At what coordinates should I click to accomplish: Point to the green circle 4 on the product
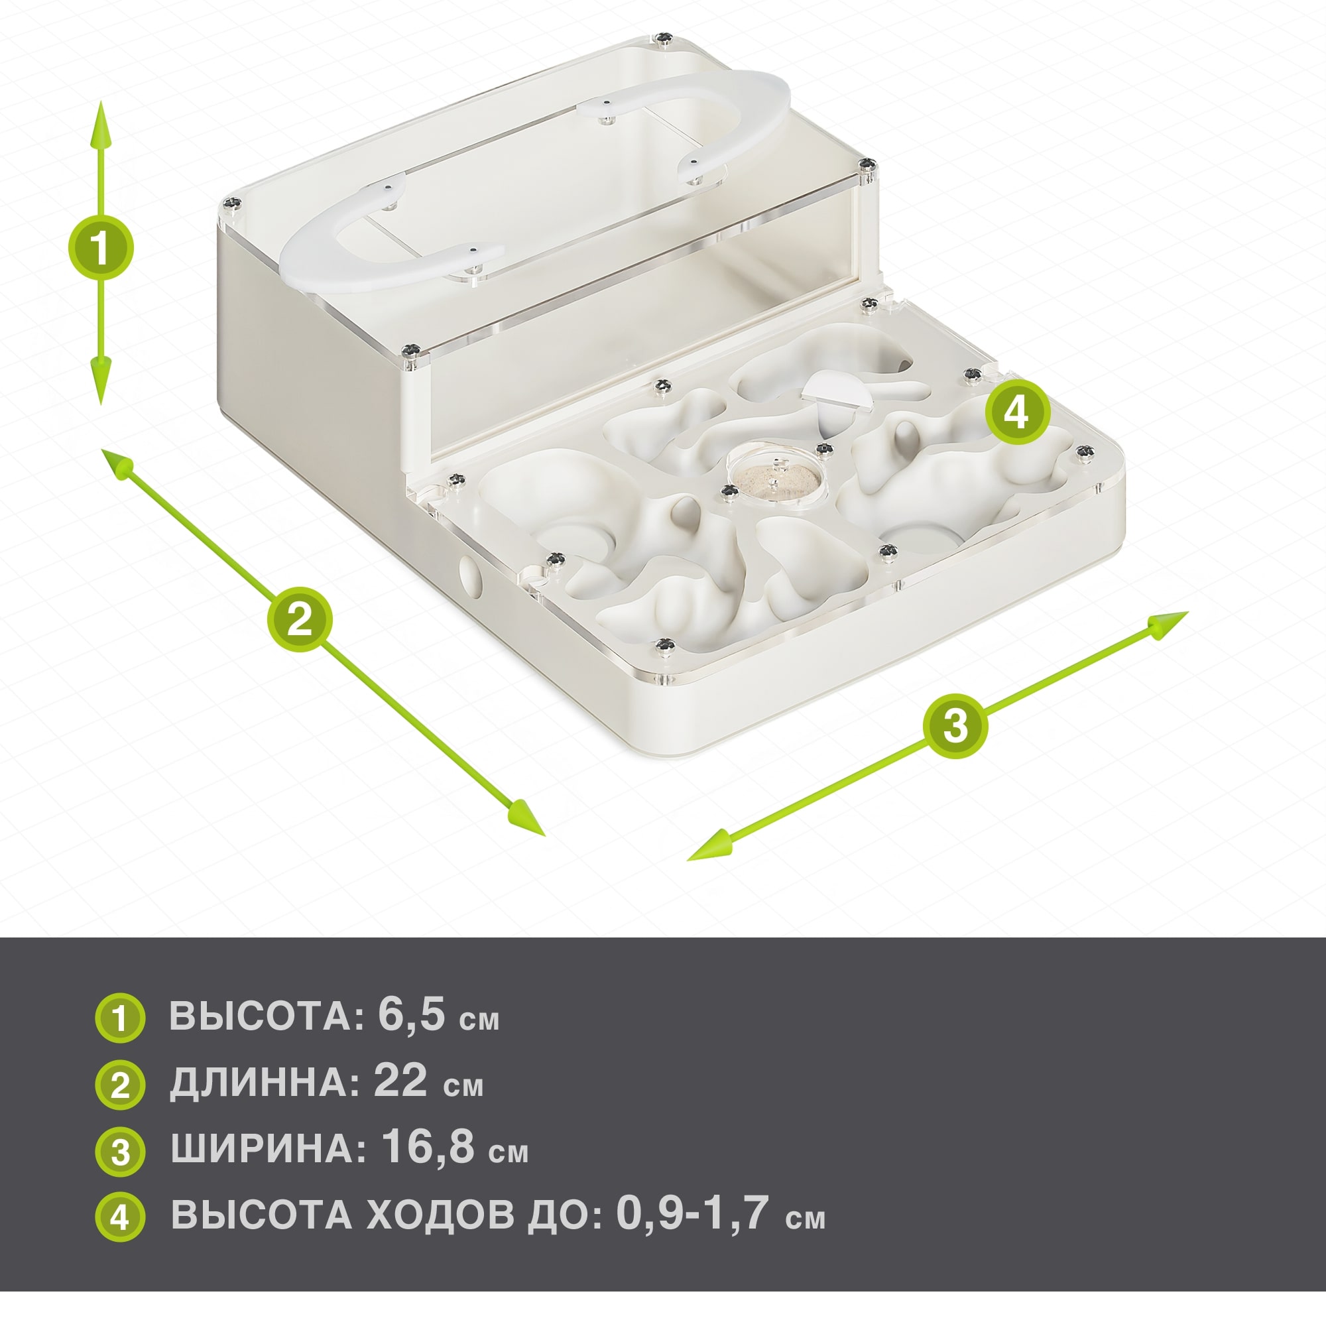coord(1018,412)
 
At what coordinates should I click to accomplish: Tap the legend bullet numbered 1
coord(119,1018)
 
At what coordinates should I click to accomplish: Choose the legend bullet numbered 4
coord(119,1217)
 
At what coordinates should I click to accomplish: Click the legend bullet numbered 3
coord(119,1151)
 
